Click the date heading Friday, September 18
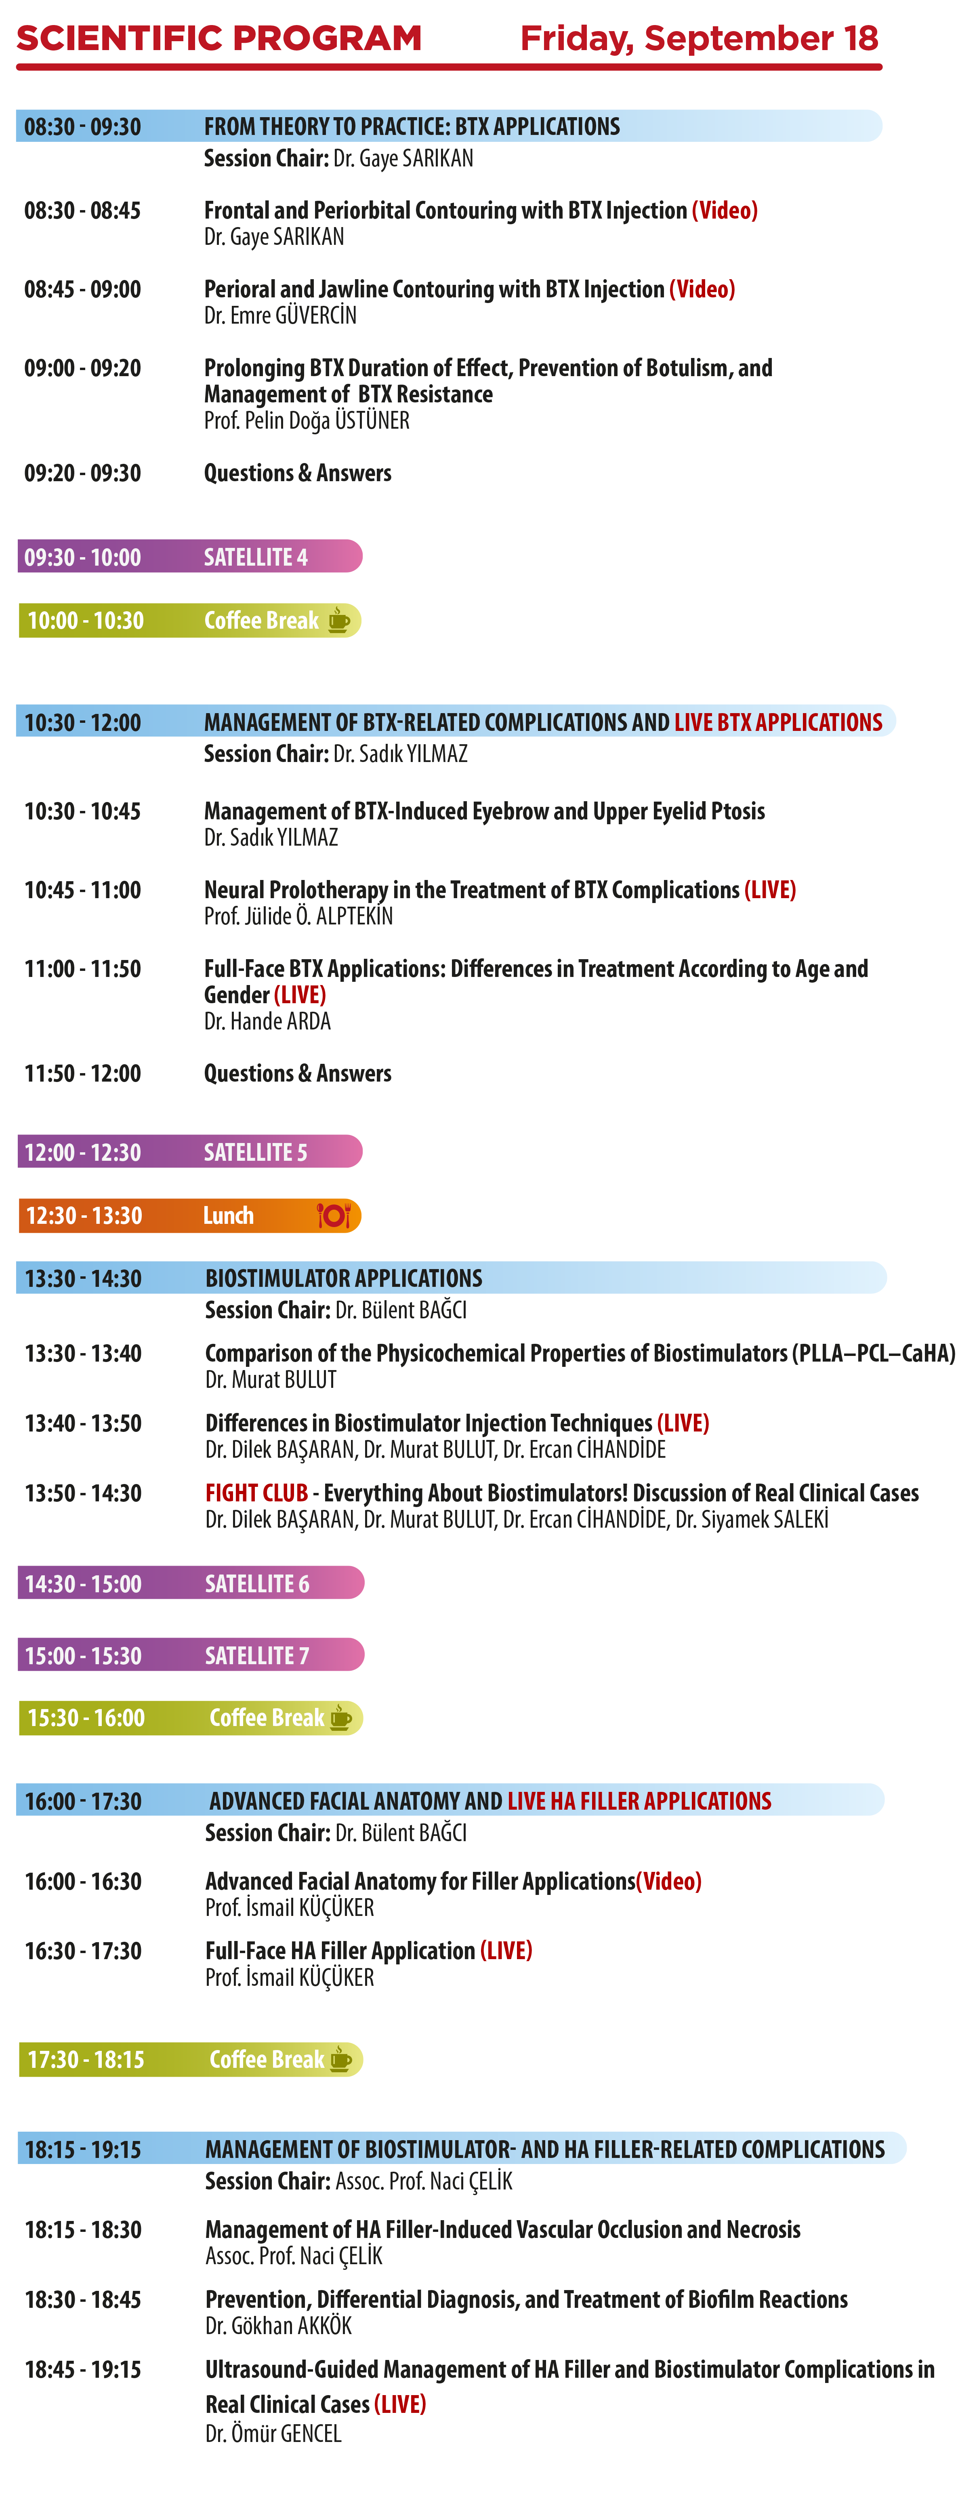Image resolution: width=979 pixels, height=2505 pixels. click(x=699, y=39)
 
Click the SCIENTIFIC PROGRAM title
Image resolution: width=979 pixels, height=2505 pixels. click(x=219, y=39)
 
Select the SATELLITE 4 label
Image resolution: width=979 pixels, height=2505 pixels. click(x=256, y=557)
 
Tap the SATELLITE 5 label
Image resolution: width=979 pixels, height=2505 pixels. click(x=256, y=1152)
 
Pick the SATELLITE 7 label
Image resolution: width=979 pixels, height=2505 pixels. click(x=256, y=1655)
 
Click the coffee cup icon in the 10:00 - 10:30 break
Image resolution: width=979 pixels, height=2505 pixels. click(x=338, y=621)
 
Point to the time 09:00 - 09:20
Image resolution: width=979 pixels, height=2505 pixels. click(x=83, y=368)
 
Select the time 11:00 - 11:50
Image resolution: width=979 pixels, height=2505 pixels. click(x=83, y=970)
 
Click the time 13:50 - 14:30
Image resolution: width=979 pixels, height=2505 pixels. click(x=83, y=1494)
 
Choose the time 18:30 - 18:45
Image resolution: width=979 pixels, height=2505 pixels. click(x=83, y=2300)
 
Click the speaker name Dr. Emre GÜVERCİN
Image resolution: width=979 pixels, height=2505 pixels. click(x=280, y=315)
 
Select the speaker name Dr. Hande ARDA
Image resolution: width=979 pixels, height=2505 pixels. click(x=267, y=1021)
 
